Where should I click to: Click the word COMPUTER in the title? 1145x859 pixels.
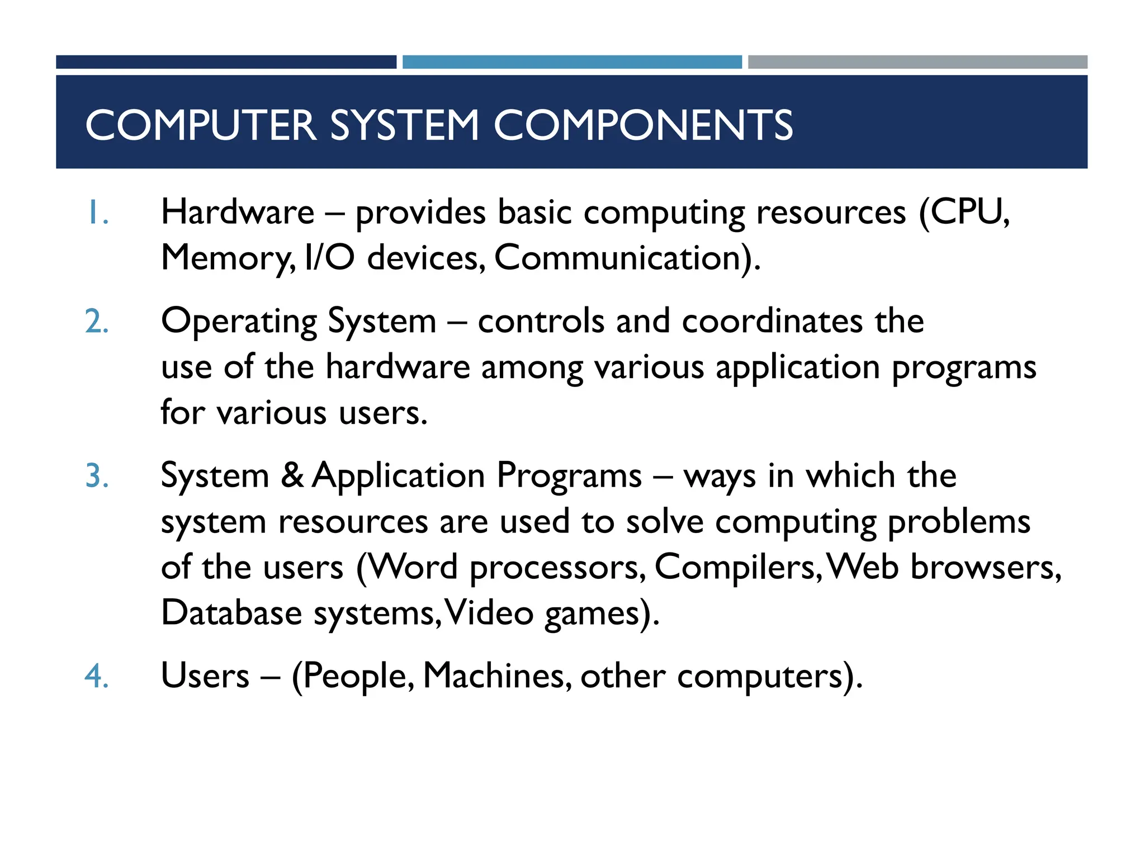pos(201,125)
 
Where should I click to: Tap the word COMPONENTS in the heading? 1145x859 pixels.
pos(643,125)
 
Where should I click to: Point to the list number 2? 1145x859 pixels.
pos(97,322)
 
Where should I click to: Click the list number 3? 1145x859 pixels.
pos(97,476)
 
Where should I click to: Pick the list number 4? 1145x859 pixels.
pos(97,676)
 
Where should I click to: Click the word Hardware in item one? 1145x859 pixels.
pos(238,213)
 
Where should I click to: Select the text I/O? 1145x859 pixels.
pos(330,258)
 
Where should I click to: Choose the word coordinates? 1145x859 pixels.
pos(772,322)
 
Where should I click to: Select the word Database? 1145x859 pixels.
pos(231,612)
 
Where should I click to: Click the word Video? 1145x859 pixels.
pos(489,612)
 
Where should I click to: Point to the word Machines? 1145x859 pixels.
pos(496,676)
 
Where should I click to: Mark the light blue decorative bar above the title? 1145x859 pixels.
pos(572,62)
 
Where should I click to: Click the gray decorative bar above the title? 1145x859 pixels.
pos(917,62)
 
